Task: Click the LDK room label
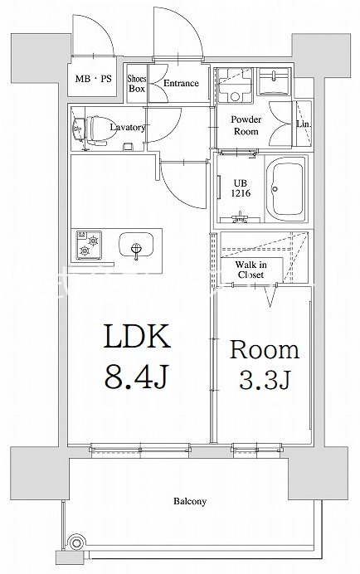(x=137, y=336)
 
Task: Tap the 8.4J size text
(x=136, y=377)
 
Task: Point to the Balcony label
(x=190, y=501)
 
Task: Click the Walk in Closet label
(x=251, y=270)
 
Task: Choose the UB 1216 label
(x=241, y=188)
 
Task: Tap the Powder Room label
(x=246, y=125)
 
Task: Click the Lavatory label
(x=128, y=127)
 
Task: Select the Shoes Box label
(x=137, y=84)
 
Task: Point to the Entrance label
(x=181, y=83)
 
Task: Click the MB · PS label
(x=93, y=78)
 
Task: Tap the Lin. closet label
(x=304, y=124)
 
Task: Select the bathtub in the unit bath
(x=286, y=189)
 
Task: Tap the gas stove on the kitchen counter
(x=89, y=245)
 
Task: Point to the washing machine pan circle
(x=235, y=97)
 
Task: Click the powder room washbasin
(x=274, y=81)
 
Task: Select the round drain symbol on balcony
(x=76, y=542)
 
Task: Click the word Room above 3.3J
(x=265, y=349)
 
